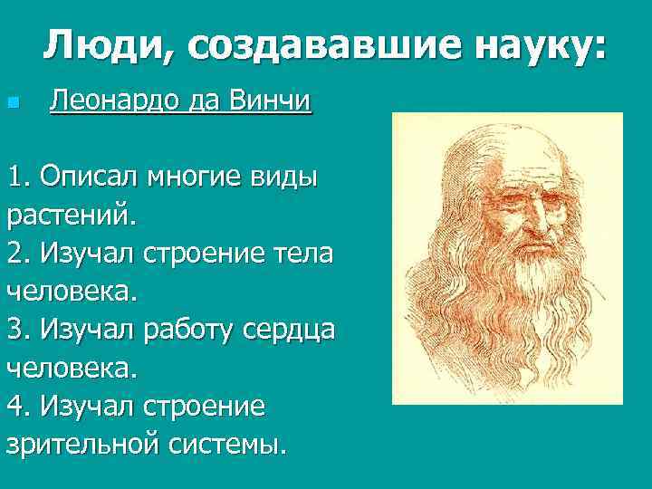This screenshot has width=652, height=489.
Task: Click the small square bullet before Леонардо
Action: click(12, 102)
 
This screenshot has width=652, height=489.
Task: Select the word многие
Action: click(195, 177)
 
